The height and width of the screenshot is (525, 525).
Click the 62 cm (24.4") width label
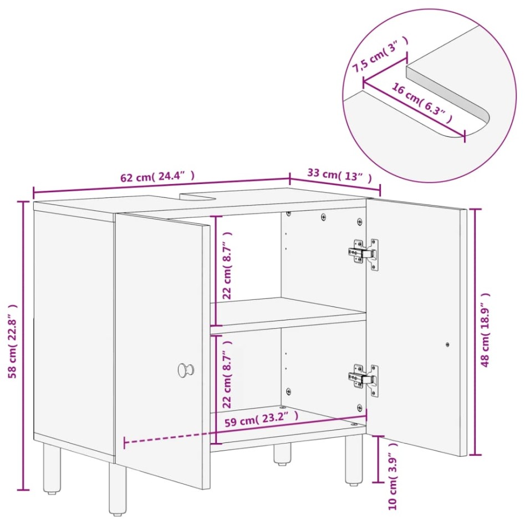point(157,177)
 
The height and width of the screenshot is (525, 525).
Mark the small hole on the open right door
point(447,344)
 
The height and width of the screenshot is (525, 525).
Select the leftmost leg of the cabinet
point(52,467)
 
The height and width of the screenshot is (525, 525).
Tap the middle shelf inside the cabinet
point(288,314)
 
